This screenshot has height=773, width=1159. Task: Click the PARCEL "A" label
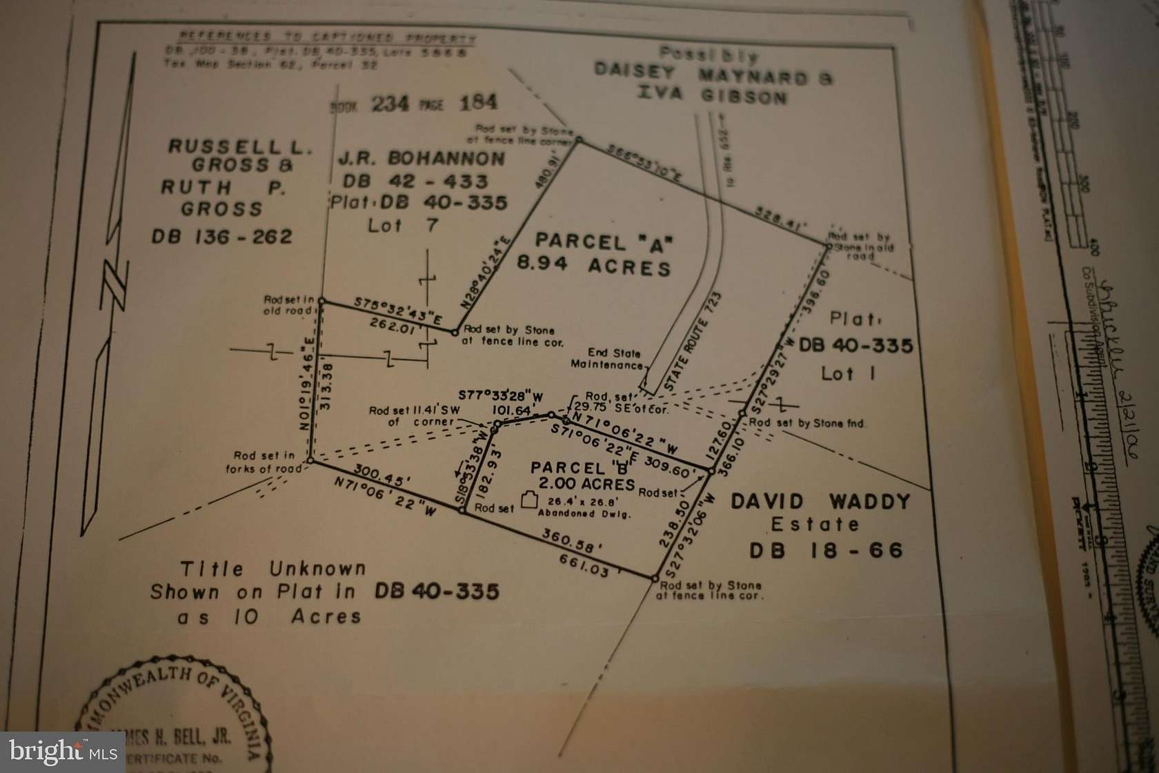(604, 242)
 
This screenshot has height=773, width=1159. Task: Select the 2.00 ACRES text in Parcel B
(573, 485)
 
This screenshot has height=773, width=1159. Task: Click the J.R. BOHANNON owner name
(422, 159)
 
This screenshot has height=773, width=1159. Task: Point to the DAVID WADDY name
(820, 502)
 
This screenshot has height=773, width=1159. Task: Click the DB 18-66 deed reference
(826, 550)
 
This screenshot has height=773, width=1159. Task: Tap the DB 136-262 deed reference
(222, 237)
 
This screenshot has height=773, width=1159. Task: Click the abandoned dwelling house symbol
(529, 500)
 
